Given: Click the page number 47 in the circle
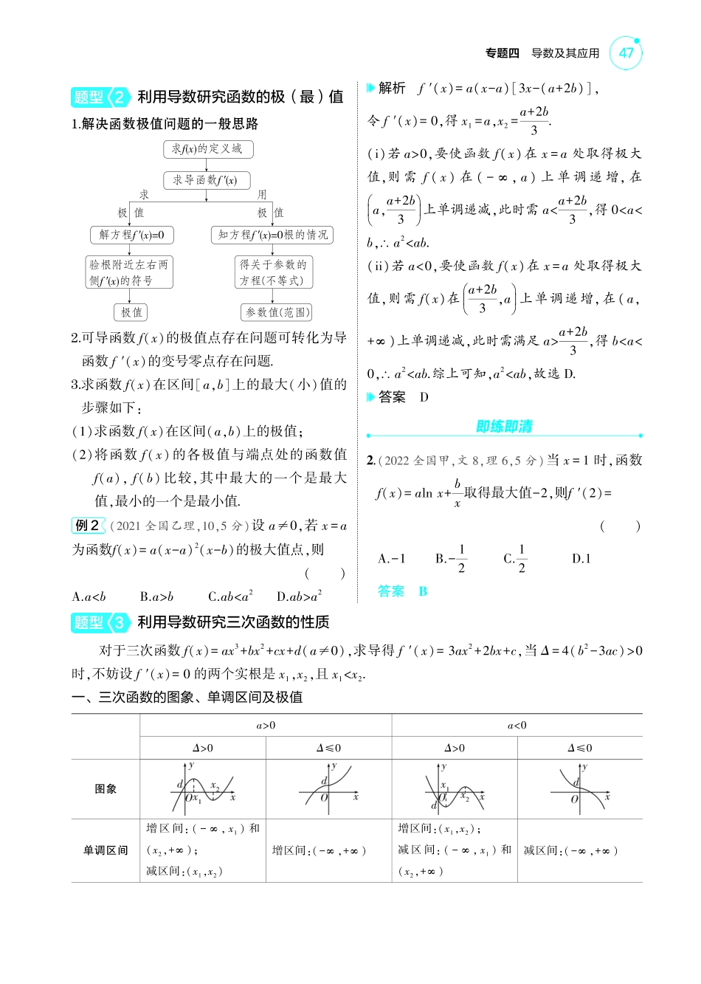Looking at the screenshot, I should tap(626, 53).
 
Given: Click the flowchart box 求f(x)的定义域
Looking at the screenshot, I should tap(207, 149).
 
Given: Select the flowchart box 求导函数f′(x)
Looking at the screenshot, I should tap(206, 180).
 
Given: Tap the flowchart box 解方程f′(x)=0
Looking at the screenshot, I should tap(131, 235).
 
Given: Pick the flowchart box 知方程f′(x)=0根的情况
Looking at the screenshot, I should tap(272, 235).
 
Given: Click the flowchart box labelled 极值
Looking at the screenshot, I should tap(131, 312).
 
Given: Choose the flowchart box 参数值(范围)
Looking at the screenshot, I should tap(277, 312).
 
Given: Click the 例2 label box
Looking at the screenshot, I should tap(88, 526).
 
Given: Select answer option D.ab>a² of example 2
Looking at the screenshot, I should tap(299, 596).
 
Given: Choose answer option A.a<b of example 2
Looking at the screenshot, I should tap(89, 596).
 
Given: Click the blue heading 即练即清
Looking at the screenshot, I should tap(504, 427).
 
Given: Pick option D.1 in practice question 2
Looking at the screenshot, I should tap(581, 559).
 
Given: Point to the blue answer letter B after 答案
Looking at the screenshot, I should tap(423, 591).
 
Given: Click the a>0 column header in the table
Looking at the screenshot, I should tap(266, 726).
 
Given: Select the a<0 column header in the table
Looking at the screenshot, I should tap(517, 726).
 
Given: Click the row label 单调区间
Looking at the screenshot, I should tap(106, 850).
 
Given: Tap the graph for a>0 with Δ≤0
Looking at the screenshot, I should tap(328, 788).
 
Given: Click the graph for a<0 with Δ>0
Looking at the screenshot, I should tap(454, 788).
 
